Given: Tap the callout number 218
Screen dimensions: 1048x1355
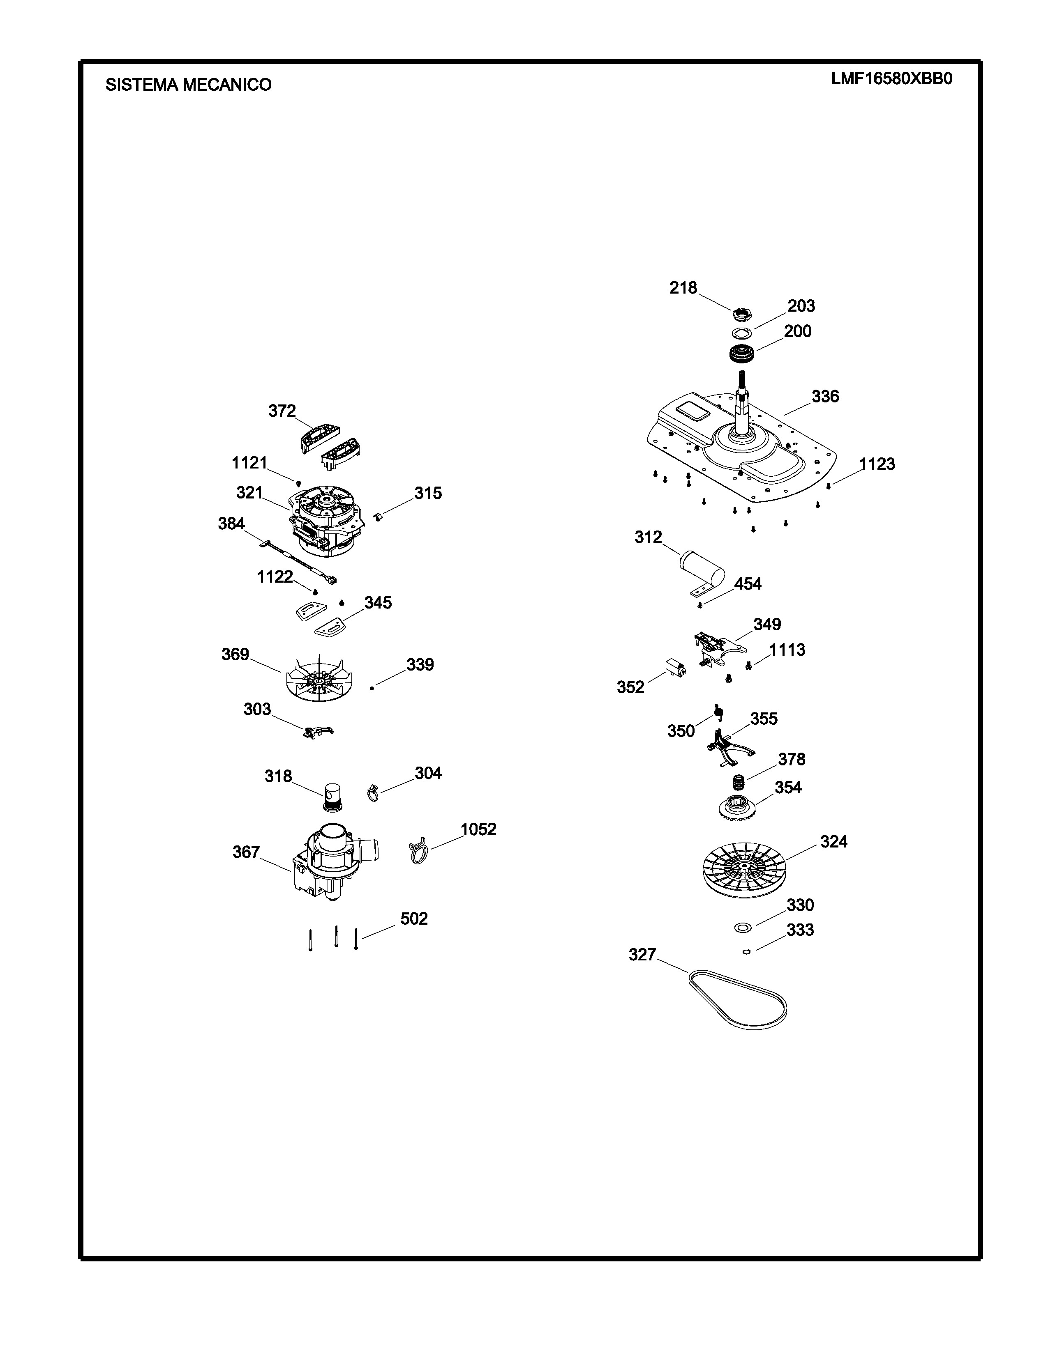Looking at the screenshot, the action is pyautogui.click(x=683, y=288).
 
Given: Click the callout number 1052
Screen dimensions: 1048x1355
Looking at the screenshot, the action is pyautogui.click(x=478, y=829).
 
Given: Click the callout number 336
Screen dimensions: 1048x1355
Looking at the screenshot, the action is pyautogui.click(x=825, y=397).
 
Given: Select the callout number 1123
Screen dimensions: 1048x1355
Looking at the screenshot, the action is pyautogui.click(x=877, y=464).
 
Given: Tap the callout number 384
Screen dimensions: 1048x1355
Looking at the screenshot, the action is pyautogui.click(x=231, y=524).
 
